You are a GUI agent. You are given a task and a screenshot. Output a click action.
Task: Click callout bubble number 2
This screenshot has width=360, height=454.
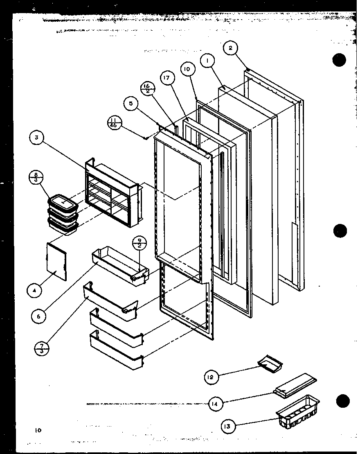tap(230, 48)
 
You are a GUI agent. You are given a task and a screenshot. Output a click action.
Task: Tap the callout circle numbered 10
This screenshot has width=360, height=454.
tap(187, 69)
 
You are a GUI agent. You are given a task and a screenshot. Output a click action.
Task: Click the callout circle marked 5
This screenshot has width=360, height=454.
tap(131, 104)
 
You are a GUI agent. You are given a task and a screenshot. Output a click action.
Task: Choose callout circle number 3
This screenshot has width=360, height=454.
tap(36, 138)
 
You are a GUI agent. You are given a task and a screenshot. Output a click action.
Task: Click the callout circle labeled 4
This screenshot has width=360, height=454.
tap(34, 291)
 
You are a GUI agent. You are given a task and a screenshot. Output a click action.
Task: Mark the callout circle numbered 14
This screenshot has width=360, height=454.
tap(214, 404)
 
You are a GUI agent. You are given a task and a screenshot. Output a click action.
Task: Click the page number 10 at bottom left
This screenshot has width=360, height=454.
tap(38, 430)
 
